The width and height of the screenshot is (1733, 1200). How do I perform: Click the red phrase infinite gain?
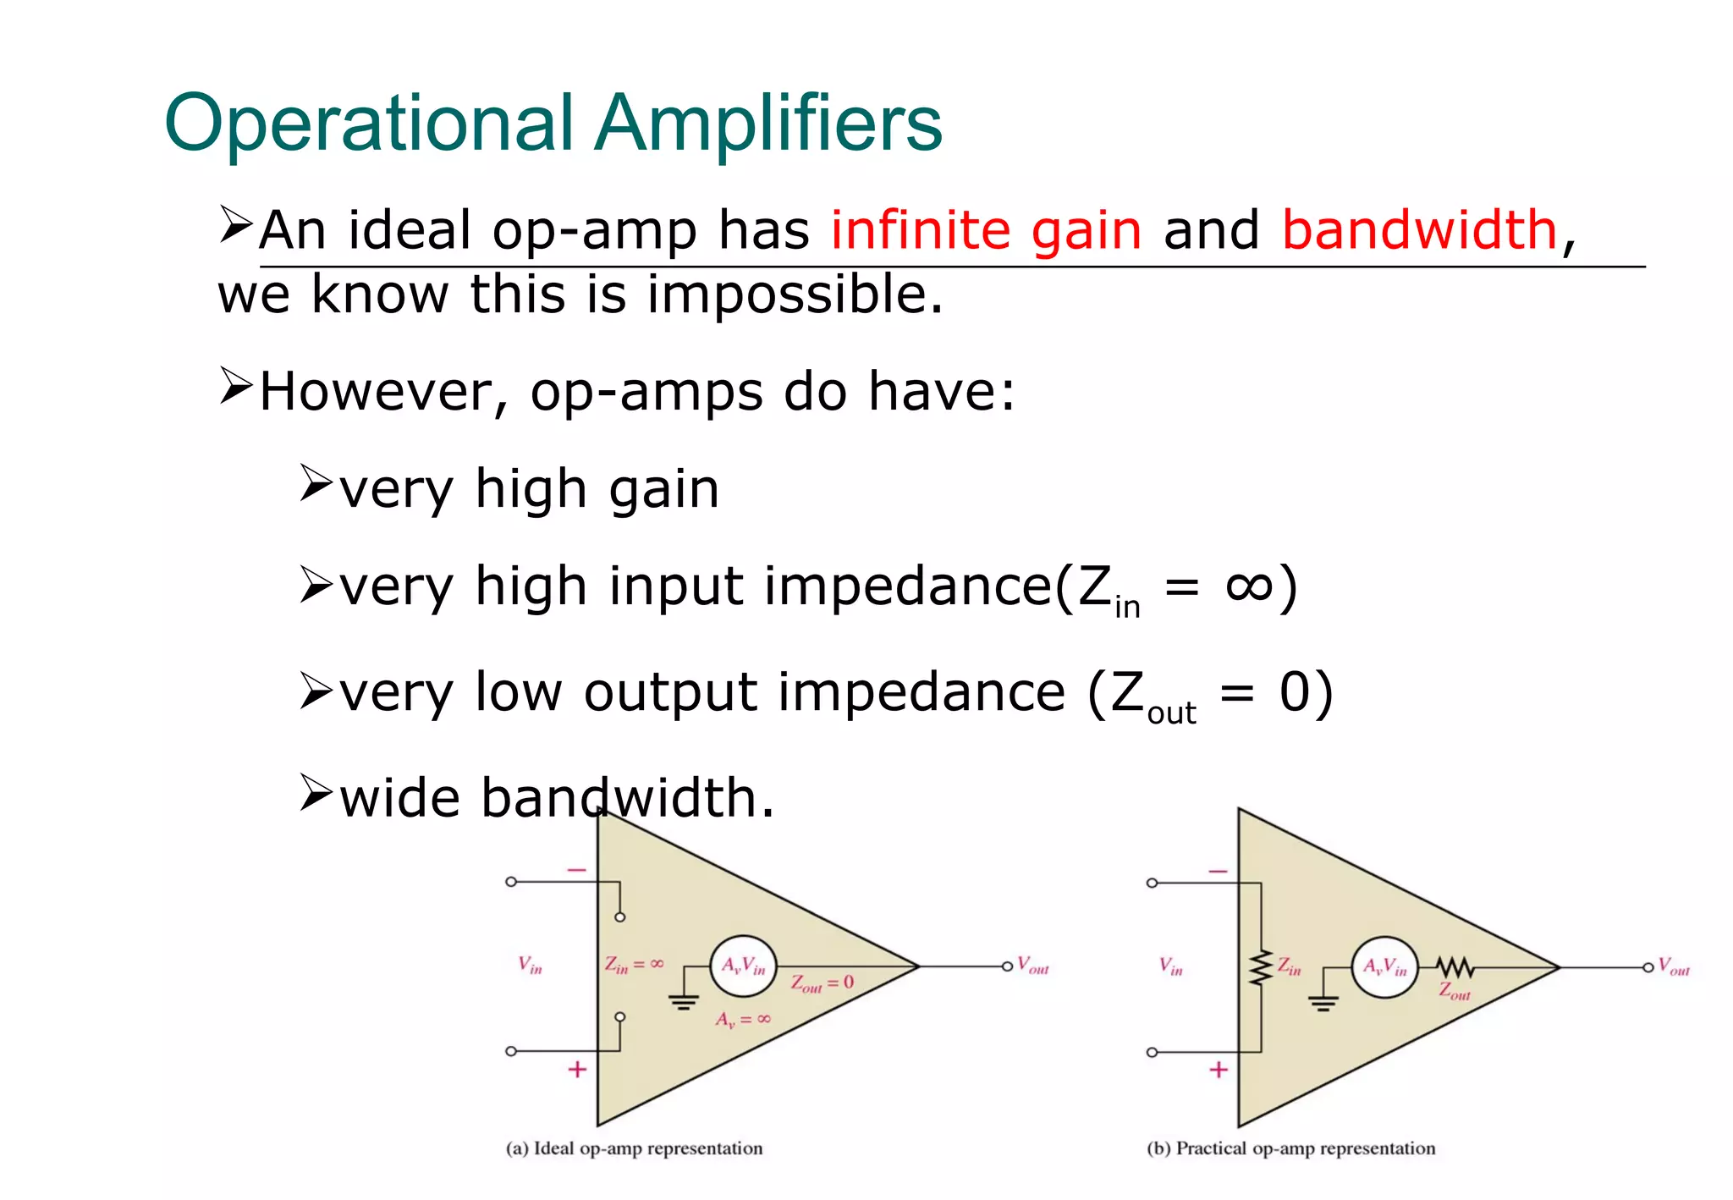click(986, 230)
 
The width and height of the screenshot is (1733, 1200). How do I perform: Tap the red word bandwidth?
click(1419, 230)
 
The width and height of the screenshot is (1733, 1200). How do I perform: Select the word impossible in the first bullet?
click(794, 294)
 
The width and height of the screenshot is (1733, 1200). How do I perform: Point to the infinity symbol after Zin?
click(1249, 586)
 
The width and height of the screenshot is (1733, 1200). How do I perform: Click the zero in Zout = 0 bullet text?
click(1295, 691)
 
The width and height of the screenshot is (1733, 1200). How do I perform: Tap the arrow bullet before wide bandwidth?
click(316, 793)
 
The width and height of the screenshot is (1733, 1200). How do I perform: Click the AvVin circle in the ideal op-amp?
click(743, 966)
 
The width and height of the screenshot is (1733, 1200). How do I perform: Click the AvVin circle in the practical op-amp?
click(1384, 967)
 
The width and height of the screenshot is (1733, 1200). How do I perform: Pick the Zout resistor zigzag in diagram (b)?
click(1455, 966)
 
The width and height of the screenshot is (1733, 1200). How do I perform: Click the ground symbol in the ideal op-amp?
click(683, 1002)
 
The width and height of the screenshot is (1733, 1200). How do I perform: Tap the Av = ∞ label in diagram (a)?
click(743, 1019)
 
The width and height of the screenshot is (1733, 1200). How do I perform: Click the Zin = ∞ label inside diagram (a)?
click(634, 964)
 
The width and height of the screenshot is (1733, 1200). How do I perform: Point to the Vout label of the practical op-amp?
click(1673, 966)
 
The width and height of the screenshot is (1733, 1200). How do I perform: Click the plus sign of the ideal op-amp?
click(577, 1070)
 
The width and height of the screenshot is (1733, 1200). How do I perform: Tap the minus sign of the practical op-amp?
click(1218, 871)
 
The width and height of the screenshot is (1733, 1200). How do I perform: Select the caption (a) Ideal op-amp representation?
click(634, 1148)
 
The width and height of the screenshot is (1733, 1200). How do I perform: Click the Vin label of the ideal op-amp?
click(531, 965)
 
